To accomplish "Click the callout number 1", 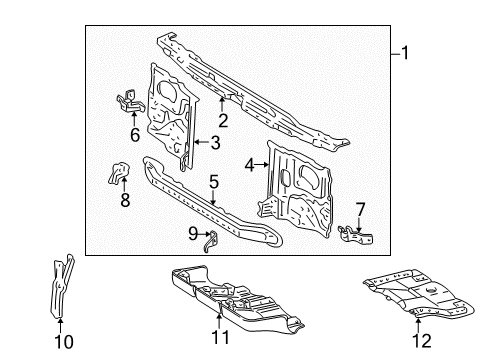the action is coord(405,53).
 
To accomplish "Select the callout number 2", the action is coord(223,120).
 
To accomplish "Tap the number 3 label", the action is coord(216,142).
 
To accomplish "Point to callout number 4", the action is coord(250,165).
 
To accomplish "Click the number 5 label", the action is coord(214,182).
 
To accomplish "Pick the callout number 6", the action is coord(135,135).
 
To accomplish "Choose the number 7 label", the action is coord(360,210).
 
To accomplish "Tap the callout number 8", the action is coord(125,200).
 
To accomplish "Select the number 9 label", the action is coord(193,234).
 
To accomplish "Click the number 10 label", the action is coord(64,342).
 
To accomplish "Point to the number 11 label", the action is coord(220,338).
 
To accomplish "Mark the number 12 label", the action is coord(422,341).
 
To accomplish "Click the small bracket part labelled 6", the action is coord(130,101).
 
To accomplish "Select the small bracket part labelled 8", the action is coord(118,172).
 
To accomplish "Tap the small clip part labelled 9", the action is coord(211,242).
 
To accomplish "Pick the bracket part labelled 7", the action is coord(355,235).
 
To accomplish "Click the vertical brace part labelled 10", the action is coord(61,287).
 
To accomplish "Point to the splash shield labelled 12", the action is coord(419,292).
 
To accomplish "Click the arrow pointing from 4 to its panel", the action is coord(262,164).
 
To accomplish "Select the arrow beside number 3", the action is coord(202,142).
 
